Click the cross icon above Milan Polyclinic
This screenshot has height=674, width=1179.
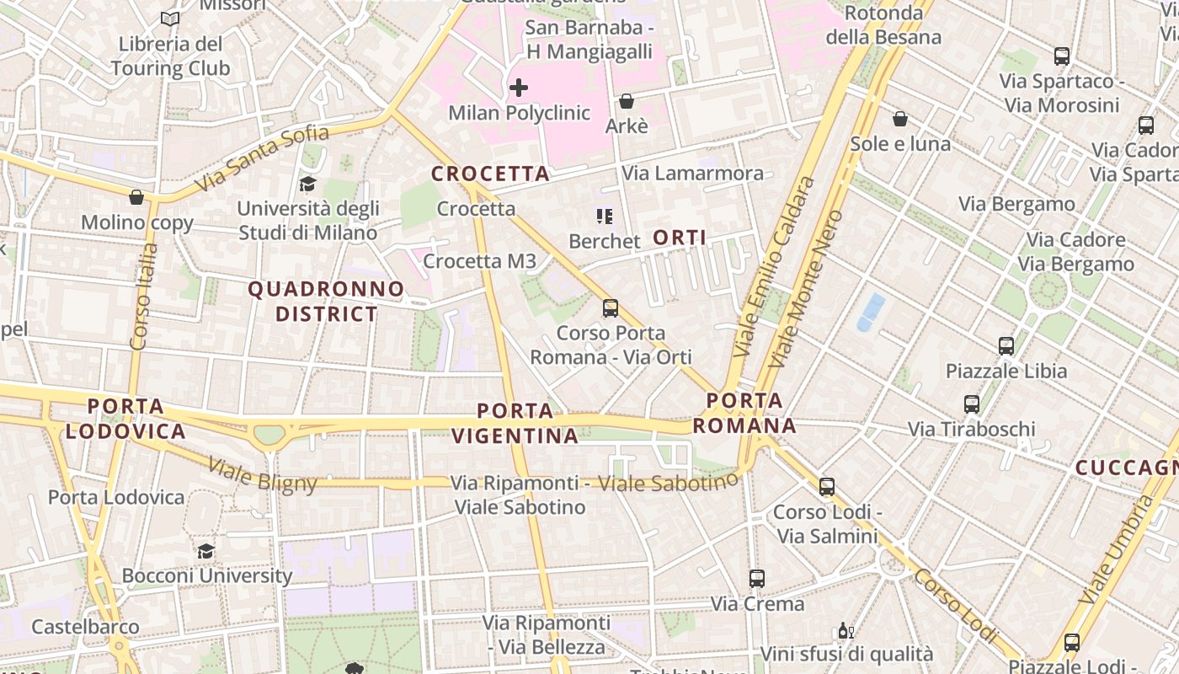coord(519,87)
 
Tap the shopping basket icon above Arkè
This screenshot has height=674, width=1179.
coord(627,102)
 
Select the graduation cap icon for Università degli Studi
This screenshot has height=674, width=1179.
coord(307,184)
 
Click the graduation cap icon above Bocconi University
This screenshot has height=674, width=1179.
coord(205,551)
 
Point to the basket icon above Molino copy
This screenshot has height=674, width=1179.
coord(136,198)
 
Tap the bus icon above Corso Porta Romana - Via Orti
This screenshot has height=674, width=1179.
coord(611,308)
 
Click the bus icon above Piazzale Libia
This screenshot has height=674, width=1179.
coord(1006,346)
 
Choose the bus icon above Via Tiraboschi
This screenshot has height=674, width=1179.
coord(972,404)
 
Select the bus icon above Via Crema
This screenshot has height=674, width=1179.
coord(757,579)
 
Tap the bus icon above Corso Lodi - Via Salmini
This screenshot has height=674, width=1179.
coord(827,487)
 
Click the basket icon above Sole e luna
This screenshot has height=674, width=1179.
coord(900,119)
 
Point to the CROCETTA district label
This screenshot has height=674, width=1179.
coord(490,174)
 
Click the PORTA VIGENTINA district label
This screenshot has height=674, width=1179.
coord(515,424)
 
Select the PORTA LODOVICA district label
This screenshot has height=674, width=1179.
coord(125,420)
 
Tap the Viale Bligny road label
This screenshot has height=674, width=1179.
coord(263,475)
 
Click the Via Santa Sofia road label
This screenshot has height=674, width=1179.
coord(261,158)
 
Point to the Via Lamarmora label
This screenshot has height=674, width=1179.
coord(692,174)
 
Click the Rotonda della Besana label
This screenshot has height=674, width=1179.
coord(883,25)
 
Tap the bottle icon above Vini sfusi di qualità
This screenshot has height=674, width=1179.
coord(846,630)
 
